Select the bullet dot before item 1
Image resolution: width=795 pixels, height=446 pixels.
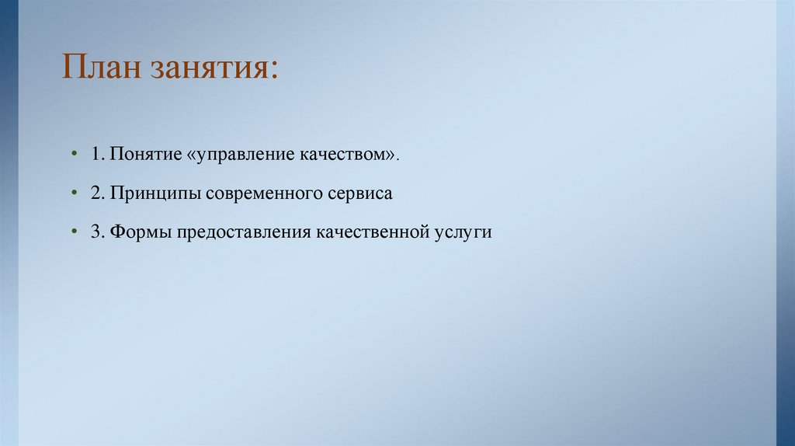(74, 154)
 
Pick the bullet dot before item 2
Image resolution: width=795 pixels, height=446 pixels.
(74, 193)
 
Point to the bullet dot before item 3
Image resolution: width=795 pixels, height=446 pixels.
(74, 232)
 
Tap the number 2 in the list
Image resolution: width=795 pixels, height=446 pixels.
(95, 193)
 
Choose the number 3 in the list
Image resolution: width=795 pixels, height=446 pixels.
(95, 232)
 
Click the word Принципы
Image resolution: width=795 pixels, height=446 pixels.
(155, 194)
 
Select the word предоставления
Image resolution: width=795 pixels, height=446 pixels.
(244, 233)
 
